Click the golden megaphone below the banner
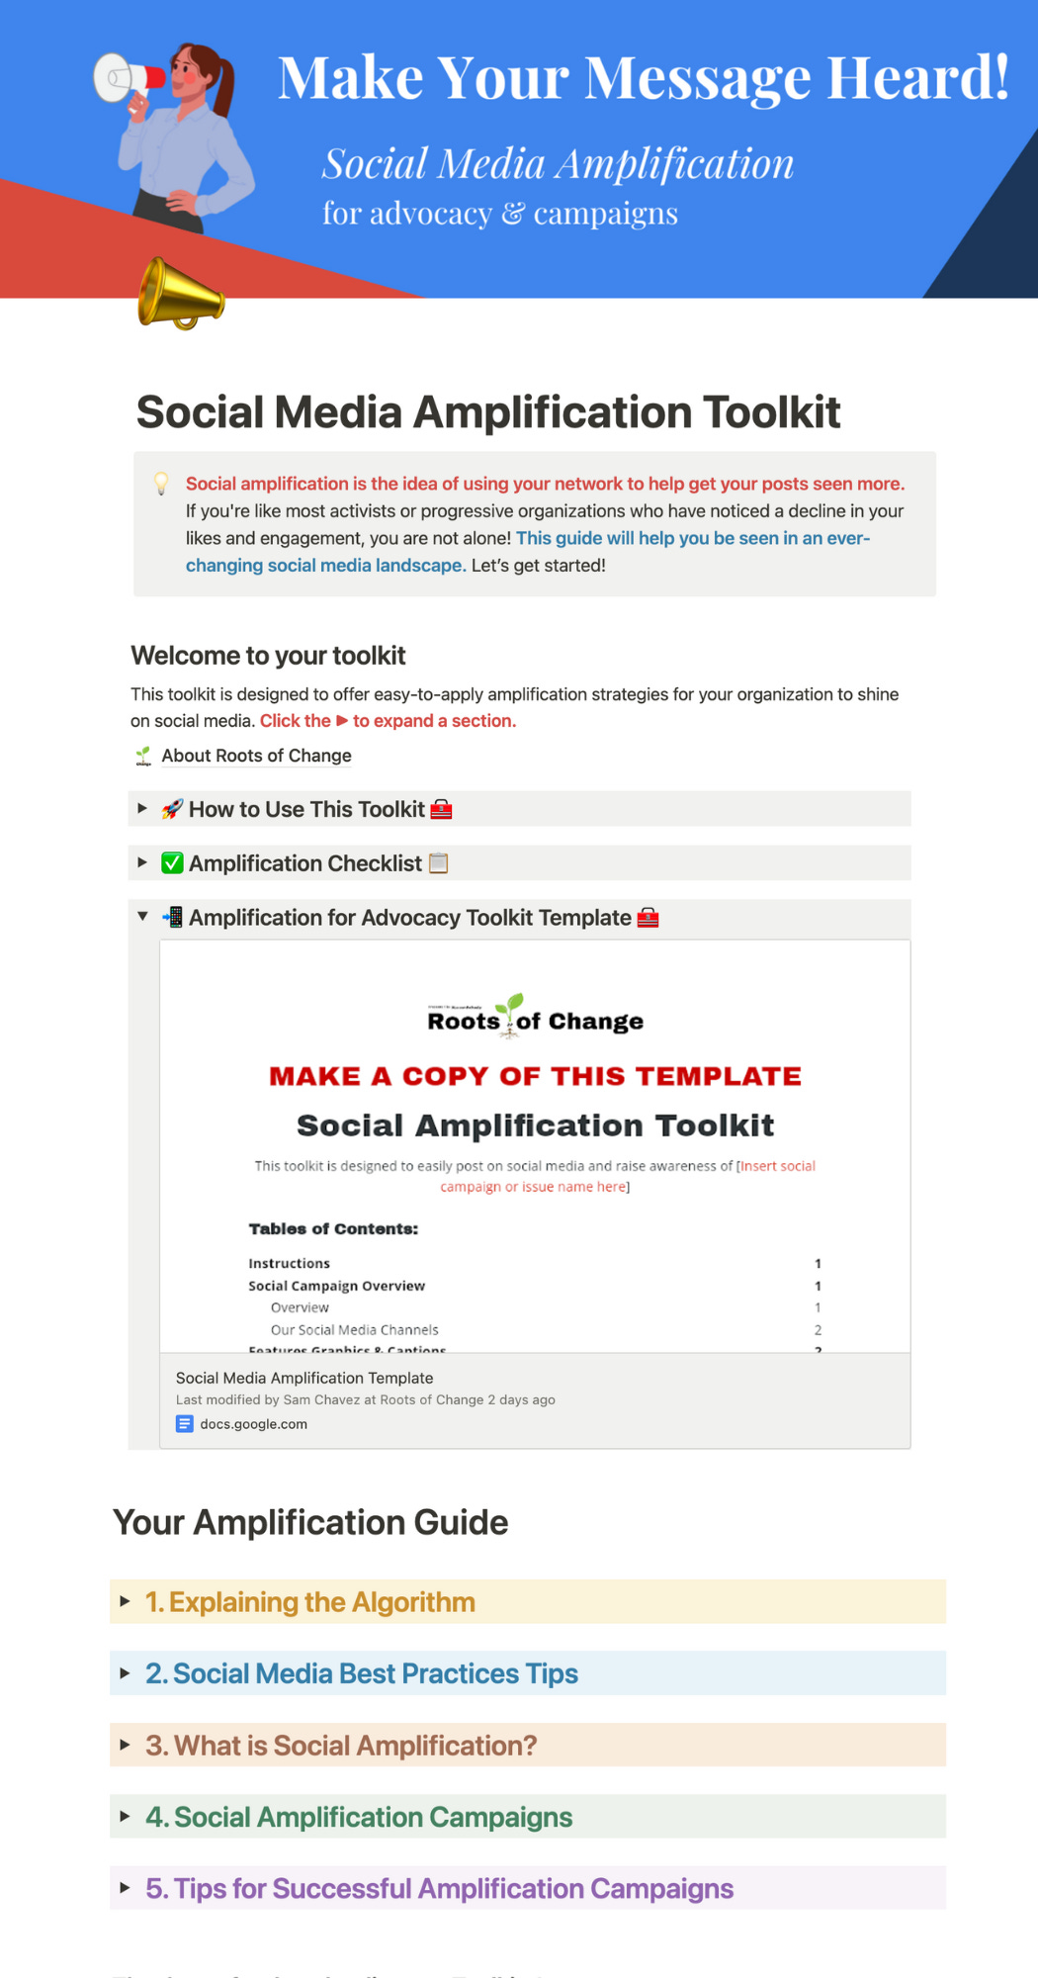click(180, 294)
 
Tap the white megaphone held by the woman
click(127, 78)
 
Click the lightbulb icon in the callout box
click(161, 484)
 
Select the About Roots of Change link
click(256, 756)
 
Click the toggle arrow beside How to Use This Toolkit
click(142, 809)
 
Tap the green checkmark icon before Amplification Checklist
click(173, 863)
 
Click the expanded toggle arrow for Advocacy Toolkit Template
click(142, 917)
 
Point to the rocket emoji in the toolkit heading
click(173, 809)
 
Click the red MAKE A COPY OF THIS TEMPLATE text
click(535, 1076)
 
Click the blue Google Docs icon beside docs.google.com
click(185, 1424)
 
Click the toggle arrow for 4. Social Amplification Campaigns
click(126, 1817)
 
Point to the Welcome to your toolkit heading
click(268, 656)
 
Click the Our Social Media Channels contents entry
click(354, 1330)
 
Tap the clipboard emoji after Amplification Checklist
click(439, 863)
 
